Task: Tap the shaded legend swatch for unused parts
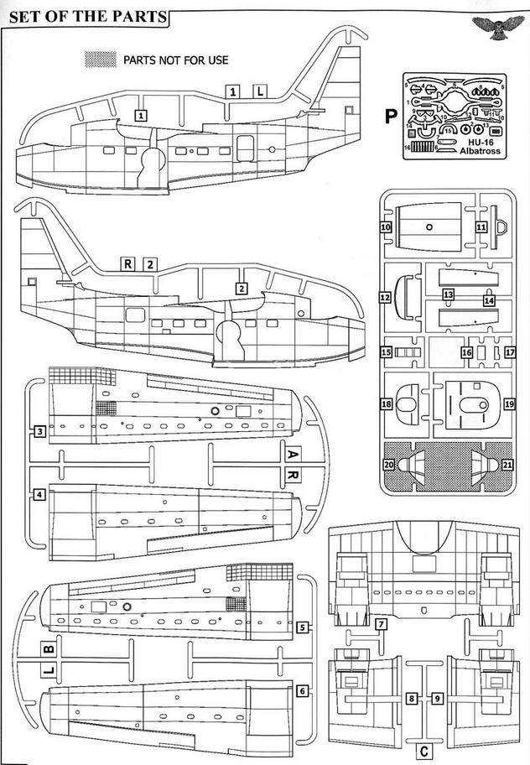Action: (x=101, y=60)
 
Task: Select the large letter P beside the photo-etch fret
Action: (x=390, y=117)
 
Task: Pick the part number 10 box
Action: (x=387, y=227)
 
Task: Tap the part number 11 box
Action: (x=481, y=227)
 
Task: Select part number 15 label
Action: (x=387, y=353)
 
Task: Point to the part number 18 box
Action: (x=387, y=404)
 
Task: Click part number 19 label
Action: (x=509, y=404)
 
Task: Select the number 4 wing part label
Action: (x=39, y=495)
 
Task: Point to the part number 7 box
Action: (x=381, y=624)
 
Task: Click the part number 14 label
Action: (x=489, y=300)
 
